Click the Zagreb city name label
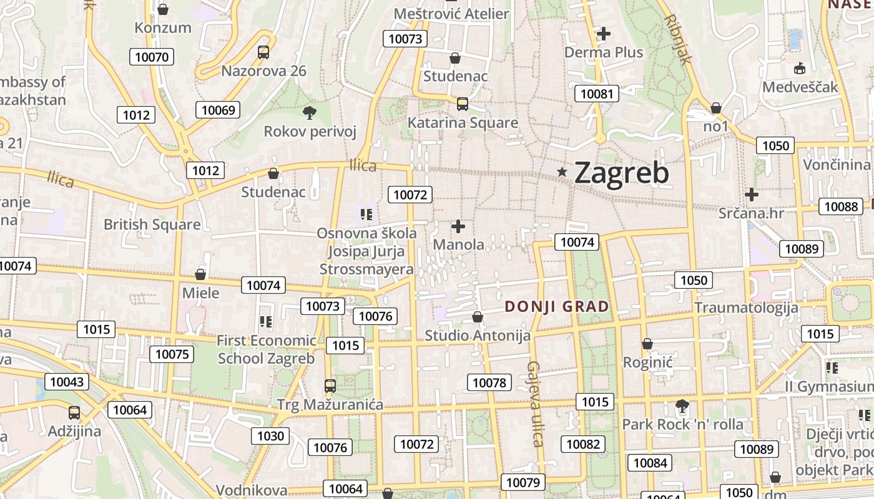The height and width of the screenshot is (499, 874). point(621,173)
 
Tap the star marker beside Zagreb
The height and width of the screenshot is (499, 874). point(562,172)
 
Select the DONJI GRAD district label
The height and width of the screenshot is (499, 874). point(556,306)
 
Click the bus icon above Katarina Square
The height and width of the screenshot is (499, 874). point(462,104)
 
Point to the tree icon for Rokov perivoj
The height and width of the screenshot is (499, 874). point(309,113)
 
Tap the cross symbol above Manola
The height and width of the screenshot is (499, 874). point(458,226)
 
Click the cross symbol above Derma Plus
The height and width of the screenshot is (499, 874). point(604,34)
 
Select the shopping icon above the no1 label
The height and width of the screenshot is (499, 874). point(716,108)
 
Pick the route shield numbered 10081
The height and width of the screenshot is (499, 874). point(597,94)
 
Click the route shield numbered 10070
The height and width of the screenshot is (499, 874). point(152,57)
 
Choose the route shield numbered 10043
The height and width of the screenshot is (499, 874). point(66,382)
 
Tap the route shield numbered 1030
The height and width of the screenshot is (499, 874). point(270,436)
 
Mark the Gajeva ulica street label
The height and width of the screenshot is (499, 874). point(535,404)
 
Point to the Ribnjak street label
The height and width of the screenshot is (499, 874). point(679,39)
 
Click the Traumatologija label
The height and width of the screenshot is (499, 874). point(746,308)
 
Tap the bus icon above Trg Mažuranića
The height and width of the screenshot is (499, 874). point(330,386)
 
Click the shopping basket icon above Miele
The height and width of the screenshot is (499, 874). point(200,274)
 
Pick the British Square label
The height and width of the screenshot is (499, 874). point(152,225)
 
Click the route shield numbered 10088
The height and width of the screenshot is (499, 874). point(841,206)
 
